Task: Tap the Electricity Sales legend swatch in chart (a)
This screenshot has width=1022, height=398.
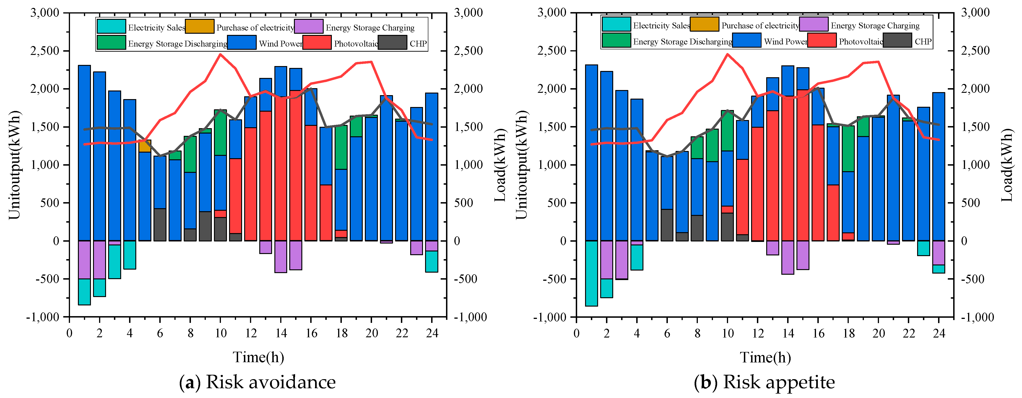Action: (111, 27)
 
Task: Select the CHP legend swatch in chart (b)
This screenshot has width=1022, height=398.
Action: (897, 40)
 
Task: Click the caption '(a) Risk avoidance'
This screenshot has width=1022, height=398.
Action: (257, 382)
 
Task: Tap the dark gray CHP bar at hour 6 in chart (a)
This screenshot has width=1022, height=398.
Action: (160, 225)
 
